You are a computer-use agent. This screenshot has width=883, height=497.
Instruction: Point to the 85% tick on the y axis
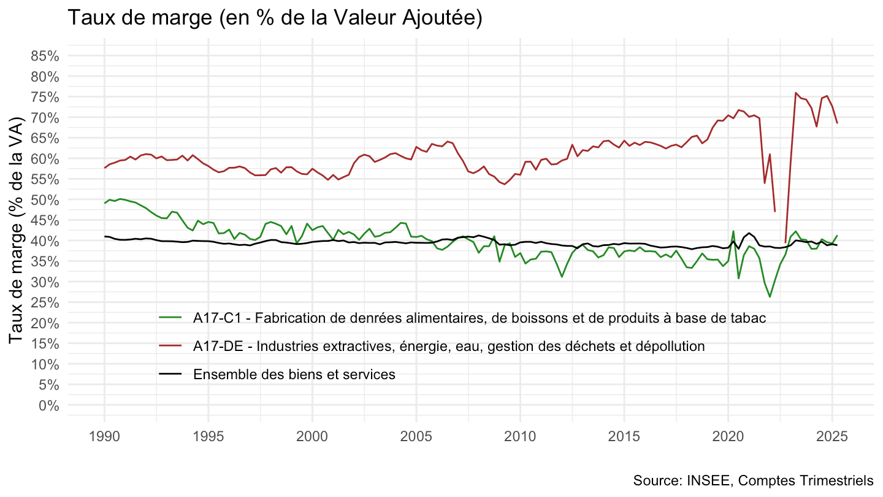click(45, 56)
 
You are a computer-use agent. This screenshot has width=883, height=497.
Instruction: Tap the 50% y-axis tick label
click(45, 199)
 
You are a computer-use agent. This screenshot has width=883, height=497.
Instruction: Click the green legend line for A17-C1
click(170, 317)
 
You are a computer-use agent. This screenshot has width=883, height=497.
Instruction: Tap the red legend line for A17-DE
click(170, 345)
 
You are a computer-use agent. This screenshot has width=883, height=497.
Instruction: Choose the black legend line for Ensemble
click(170, 374)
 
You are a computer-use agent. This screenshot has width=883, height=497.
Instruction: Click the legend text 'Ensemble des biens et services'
click(294, 374)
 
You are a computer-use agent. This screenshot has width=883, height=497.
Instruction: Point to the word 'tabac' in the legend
click(749, 317)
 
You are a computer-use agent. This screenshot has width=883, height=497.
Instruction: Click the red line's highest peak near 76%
click(795, 93)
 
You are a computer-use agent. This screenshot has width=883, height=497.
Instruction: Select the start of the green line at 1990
click(105, 203)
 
